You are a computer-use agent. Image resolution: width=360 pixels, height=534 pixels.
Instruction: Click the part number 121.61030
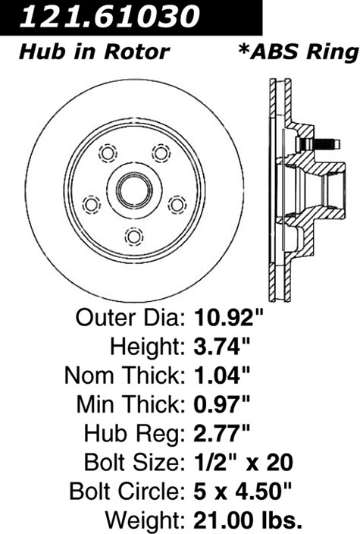point(109,16)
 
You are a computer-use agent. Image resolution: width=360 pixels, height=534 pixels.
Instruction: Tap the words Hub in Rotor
point(94,52)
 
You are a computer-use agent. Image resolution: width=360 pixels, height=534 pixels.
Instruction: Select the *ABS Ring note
point(299,52)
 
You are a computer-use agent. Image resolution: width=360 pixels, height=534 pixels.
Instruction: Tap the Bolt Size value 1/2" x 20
point(243,463)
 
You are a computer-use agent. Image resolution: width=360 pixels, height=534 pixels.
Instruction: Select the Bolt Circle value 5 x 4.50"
point(243,492)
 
